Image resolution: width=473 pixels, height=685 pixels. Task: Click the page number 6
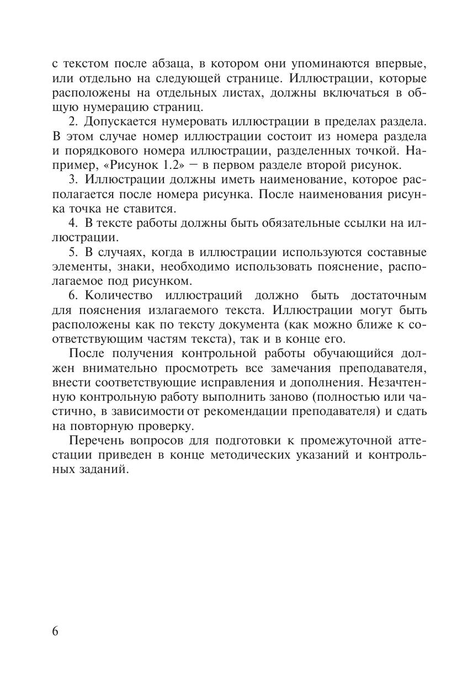[55, 631]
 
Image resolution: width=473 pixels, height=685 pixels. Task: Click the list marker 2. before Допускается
[74, 121]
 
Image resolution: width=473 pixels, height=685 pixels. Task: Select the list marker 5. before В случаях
[74, 253]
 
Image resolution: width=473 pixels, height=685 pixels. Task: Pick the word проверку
[168, 427]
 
